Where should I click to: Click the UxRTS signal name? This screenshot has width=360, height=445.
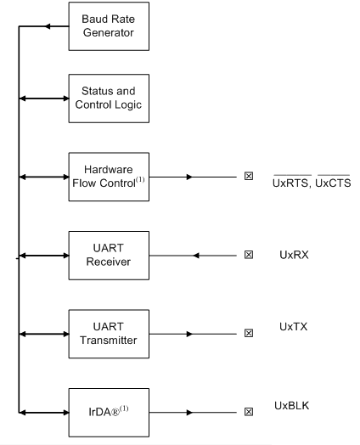click(x=291, y=183)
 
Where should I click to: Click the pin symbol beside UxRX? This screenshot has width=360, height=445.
click(x=248, y=255)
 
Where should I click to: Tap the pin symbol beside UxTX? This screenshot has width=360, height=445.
click(x=248, y=333)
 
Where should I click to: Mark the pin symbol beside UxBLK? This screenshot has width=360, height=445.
click(x=248, y=412)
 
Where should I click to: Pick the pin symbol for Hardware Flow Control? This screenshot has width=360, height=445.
click(x=248, y=177)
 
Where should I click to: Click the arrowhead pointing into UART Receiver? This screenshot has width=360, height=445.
click(x=196, y=255)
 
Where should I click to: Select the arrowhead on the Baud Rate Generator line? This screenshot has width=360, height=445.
click(x=48, y=26)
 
